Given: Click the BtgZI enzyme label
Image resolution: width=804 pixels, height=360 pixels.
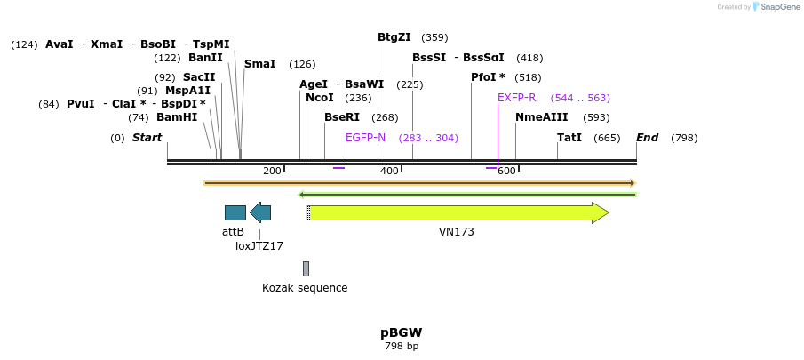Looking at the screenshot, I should tap(394, 37).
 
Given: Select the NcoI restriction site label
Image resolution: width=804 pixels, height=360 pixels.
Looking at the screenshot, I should tap(319, 98).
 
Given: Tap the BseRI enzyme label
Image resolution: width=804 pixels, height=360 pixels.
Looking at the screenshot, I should tap(342, 117).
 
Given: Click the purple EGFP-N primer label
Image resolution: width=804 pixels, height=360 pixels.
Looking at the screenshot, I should tap(365, 138).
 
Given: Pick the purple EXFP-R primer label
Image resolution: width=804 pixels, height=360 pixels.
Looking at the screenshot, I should tap(516, 98).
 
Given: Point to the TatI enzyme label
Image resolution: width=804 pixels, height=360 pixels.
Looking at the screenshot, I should tap(569, 138).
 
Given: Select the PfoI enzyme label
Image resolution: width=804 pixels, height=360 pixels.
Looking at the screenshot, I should tap(488, 77).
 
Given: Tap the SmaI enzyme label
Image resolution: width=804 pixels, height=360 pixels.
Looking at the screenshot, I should tap(260, 64).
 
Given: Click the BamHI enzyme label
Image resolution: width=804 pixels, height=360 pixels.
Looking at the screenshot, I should tap(177, 117).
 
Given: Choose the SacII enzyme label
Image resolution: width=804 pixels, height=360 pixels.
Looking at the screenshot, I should tap(199, 77).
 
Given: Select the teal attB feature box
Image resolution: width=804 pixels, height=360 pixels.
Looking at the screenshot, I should tap(235, 212).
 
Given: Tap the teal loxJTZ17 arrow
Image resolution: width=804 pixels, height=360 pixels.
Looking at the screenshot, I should tap(260, 212).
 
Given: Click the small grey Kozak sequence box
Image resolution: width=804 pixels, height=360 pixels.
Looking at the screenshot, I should tap(306, 268).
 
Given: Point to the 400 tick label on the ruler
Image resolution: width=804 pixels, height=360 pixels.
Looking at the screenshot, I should tap(389, 171).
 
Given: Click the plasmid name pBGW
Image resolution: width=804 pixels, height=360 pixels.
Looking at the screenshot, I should tap(401, 333).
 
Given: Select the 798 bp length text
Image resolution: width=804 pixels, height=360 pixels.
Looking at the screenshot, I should tap(401, 347).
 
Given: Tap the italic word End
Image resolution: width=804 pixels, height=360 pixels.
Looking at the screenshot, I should tap(647, 138).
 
